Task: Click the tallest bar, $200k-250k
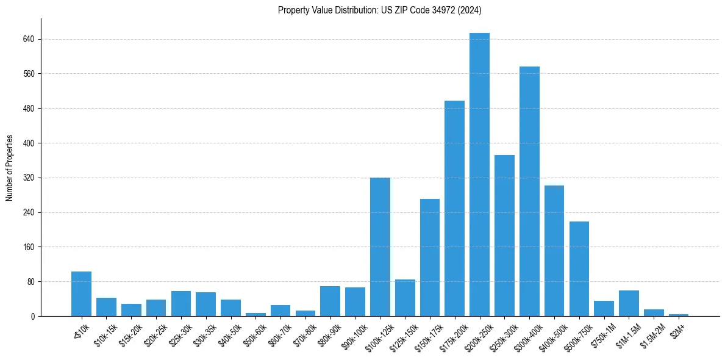coord(479,175)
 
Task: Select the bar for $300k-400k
coord(529,191)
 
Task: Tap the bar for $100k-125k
coord(380,247)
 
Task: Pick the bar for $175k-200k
coord(454,208)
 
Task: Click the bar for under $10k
coord(81,294)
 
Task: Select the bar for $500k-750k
coord(579,269)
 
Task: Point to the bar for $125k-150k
coord(405,298)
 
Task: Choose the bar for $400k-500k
coord(554,251)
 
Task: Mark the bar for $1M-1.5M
coord(629,303)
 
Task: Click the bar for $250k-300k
coord(504,236)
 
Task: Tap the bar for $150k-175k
coord(430,257)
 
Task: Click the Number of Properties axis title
coord(9,168)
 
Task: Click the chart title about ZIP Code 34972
coord(380,10)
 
